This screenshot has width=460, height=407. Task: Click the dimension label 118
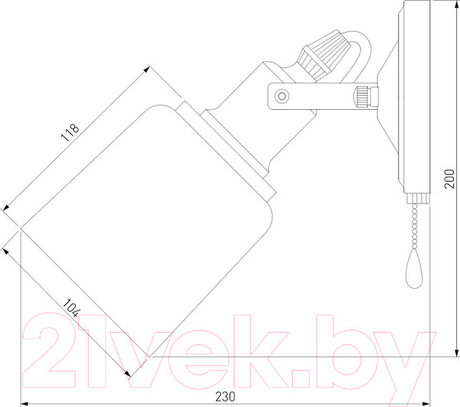[x=70, y=133]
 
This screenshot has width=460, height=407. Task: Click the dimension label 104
[x=71, y=308]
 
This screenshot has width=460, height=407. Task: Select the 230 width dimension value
[x=225, y=397]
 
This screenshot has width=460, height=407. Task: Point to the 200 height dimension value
[x=449, y=179]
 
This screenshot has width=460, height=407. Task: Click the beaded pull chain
[x=415, y=226]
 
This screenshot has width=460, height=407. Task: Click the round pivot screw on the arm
[x=281, y=96]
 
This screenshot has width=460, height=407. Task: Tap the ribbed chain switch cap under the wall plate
[x=418, y=198]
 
